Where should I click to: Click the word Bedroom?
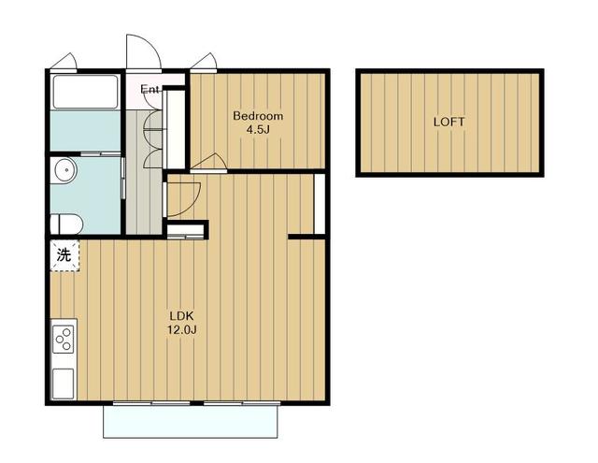[258, 116]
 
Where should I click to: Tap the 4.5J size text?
[258, 130]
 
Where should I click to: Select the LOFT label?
[449, 123]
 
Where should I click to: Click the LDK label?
[182, 316]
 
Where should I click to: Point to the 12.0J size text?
[182, 330]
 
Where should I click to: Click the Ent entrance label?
[149, 89]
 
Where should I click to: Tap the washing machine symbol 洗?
[64, 255]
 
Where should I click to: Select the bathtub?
[85, 92]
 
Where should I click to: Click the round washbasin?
[64, 169]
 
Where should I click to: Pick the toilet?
[66, 224]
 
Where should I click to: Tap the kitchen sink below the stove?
[63, 383]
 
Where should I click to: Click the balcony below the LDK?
[191, 422]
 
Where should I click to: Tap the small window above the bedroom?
[204, 63]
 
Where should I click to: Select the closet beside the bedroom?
[176, 129]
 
